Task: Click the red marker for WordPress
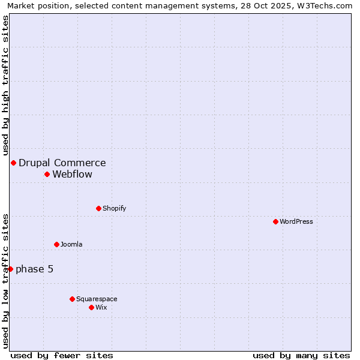pos(275,221)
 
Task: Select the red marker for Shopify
pos(98,208)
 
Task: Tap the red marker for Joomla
pos(56,244)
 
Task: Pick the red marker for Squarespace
pos(72,299)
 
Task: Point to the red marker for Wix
pos(91,307)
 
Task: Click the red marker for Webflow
pos(47,174)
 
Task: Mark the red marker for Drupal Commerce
pos(13,163)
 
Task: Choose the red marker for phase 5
pos(10,269)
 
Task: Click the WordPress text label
pos(296,221)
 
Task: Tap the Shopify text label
pos(114,208)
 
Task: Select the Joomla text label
pos(71,244)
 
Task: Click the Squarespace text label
pos(97,299)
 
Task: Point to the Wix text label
pos(101,307)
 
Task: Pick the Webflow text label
pos(73,175)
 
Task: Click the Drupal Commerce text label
pos(62,163)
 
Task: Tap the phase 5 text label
pos(35,269)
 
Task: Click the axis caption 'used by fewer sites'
pos(62,355)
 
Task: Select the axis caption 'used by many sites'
pos(301,355)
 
